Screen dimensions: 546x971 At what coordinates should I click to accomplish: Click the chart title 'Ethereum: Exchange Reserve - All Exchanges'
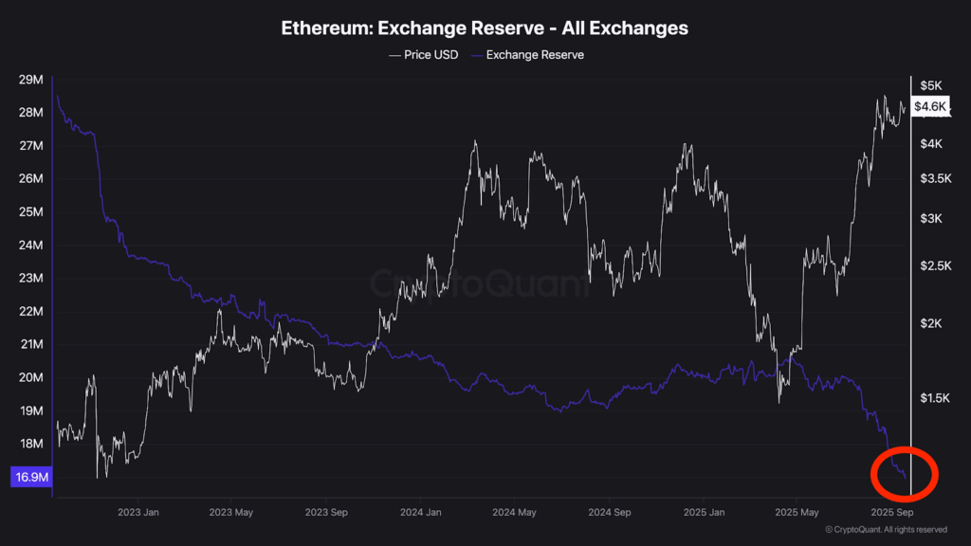(485, 28)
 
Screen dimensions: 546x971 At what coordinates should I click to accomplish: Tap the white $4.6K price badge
(929, 106)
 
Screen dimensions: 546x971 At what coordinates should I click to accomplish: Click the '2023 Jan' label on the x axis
(137, 513)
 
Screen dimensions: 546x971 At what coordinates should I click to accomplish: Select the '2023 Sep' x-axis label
(325, 513)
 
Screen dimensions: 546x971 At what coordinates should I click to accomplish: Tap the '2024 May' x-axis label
(514, 513)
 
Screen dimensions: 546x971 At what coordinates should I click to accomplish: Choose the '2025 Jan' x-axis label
(704, 513)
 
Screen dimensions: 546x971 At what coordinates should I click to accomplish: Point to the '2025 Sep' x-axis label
(891, 513)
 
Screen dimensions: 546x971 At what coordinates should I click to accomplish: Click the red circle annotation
(903, 471)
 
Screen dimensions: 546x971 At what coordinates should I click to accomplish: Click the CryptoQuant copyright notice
(886, 530)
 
